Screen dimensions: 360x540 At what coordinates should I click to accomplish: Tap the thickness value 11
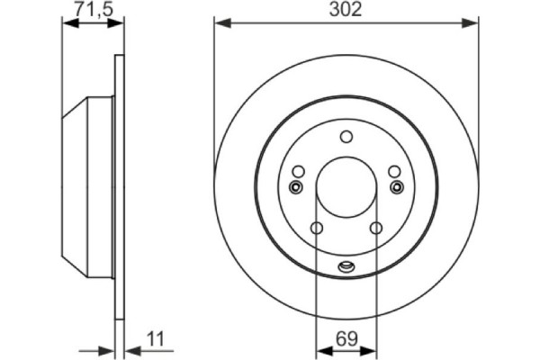pos(155,339)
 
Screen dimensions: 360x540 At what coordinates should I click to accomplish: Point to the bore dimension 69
pos(346,339)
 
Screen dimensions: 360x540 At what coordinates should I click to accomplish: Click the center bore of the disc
pos(346,187)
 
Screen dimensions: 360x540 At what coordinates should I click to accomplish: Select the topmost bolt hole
pos(346,137)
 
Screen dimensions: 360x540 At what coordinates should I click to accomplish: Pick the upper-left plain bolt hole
pos(298,172)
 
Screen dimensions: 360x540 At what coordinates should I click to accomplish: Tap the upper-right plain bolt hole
pos(393,172)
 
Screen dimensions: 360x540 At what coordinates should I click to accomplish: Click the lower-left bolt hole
pos(316,228)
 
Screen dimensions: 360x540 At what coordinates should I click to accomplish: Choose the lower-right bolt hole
pos(375,228)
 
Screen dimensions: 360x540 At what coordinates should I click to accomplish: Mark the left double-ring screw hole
pos(295,187)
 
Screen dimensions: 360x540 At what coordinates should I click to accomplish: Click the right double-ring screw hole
pos(396,187)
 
